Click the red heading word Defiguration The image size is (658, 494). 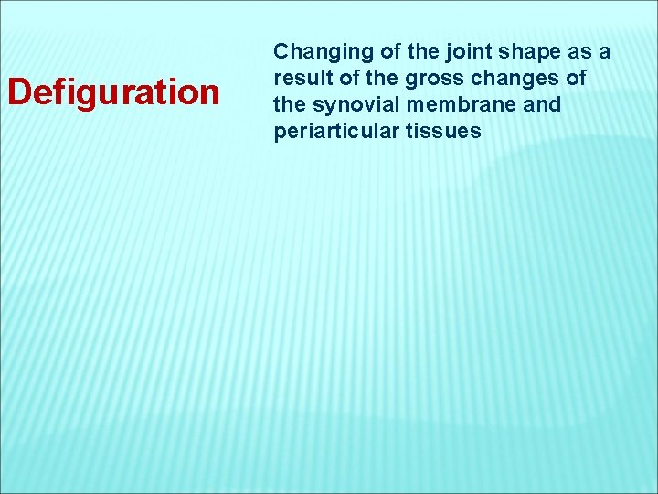113,92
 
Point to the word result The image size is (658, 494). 299,78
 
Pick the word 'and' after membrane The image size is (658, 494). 543,104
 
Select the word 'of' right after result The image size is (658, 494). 343,78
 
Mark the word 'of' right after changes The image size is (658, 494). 576,78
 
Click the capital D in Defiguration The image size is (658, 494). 19,92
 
